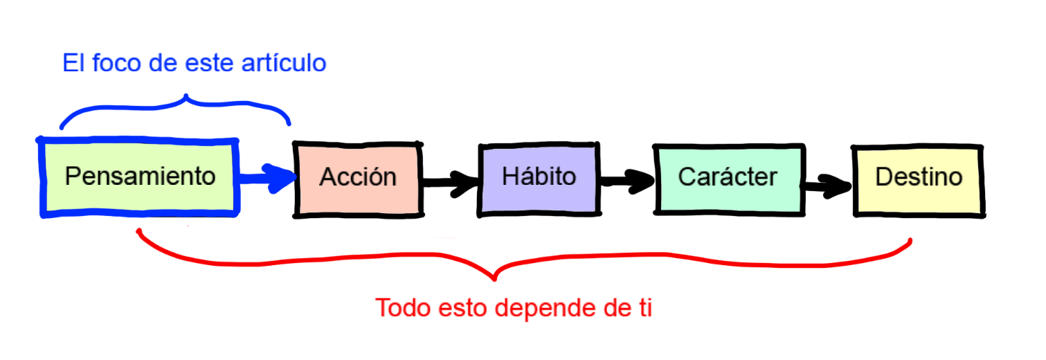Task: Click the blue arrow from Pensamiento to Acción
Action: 267,178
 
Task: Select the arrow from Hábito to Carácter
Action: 626,181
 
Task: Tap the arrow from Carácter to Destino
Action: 828,184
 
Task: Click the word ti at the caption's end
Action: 643,307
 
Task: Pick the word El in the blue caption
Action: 73,64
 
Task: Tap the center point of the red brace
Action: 494,276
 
